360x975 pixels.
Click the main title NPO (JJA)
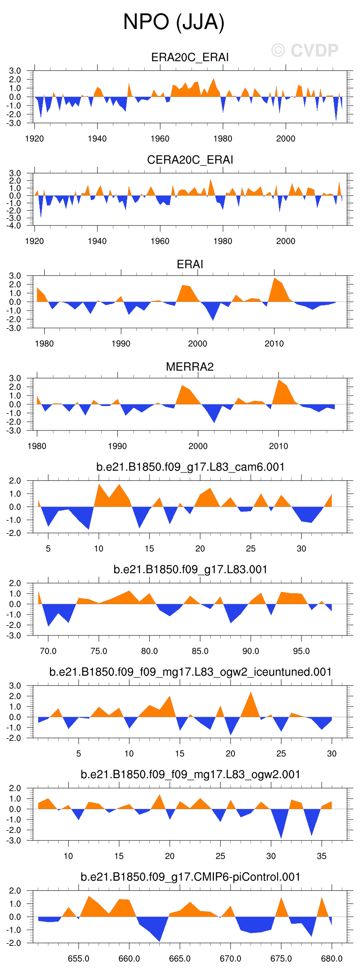174,22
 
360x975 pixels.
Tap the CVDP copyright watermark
305,50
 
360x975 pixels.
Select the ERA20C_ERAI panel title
190,57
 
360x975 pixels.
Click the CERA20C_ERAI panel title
190,160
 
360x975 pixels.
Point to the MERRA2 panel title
190,367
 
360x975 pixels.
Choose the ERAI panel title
190,264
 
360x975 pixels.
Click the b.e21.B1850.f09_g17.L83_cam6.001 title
190,467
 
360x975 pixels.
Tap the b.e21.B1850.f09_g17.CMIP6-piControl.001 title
190,877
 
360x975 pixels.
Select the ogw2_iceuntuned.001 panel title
190,672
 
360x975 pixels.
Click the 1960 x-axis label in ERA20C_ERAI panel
160,139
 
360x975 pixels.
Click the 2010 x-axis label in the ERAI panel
274,344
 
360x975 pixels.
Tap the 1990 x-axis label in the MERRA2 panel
117,446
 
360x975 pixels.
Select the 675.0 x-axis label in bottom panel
281,958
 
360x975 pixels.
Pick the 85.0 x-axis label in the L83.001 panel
200,651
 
